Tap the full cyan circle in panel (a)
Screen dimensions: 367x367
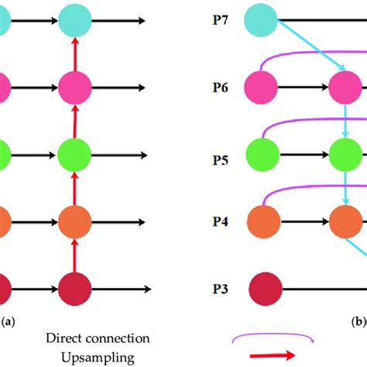point(75,18)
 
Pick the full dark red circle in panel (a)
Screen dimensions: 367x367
point(75,289)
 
